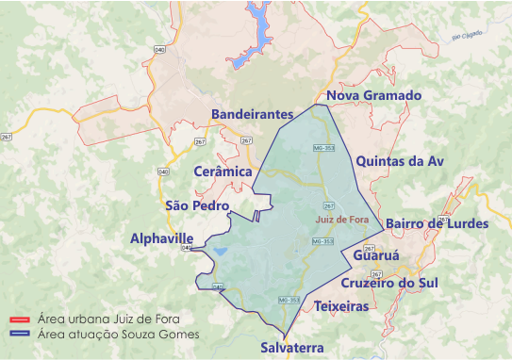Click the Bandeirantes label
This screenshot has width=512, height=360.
click(254, 114)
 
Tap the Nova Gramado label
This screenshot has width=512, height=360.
click(372, 97)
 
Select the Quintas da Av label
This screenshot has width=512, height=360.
click(399, 161)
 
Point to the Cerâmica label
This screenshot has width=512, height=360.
click(223, 172)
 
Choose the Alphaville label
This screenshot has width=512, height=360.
click(161, 238)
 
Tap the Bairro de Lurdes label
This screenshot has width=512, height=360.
click(438, 224)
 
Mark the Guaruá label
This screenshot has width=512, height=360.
click(376, 255)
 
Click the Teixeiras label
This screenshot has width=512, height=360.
click(342, 307)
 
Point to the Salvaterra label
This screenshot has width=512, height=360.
click(292, 348)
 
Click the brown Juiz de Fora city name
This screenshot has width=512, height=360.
click(341, 220)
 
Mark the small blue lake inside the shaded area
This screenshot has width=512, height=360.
click(219, 252)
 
